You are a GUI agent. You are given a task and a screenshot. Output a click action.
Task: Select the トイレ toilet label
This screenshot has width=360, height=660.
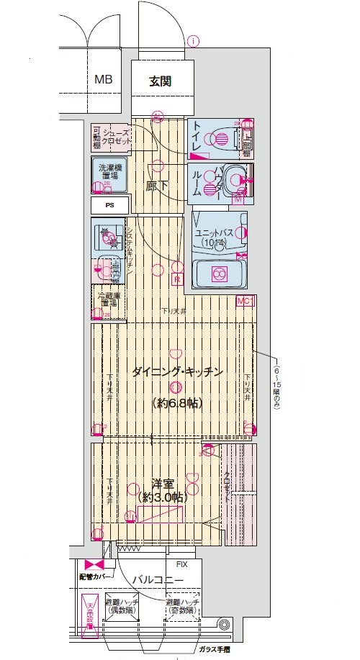click(197, 137)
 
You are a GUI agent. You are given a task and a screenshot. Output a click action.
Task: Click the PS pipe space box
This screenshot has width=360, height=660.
click(110, 205)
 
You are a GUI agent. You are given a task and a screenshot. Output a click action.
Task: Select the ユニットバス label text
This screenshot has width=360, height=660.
click(216, 233)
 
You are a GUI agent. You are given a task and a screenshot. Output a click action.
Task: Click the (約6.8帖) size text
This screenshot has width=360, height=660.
click(176, 403)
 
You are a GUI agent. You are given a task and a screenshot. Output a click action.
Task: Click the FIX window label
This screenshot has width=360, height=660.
click(182, 565)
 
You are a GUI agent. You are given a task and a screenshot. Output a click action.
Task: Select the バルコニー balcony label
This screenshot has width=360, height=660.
click(158, 581)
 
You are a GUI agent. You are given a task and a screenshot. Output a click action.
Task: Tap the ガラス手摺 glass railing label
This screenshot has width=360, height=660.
click(215, 648)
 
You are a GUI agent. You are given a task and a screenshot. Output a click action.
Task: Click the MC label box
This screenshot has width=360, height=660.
click(246, 300)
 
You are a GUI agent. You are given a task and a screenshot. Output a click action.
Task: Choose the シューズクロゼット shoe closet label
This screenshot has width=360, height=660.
click(116, 137)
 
